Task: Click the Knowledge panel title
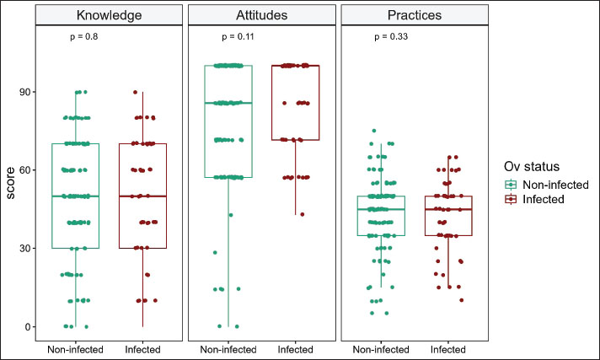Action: pos(109,15)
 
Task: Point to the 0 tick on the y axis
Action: pos(29,327)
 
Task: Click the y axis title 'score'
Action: pos(10,181)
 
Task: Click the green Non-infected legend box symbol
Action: pos(511,183)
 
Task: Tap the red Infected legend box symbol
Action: pos(511,198)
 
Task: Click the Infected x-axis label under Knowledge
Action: pos(142,348)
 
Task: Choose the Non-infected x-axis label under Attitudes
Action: pos(228,348)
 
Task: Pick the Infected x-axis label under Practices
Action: pos(449,348)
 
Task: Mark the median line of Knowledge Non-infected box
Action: pos(76,196)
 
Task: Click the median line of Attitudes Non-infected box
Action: pos(228,103)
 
